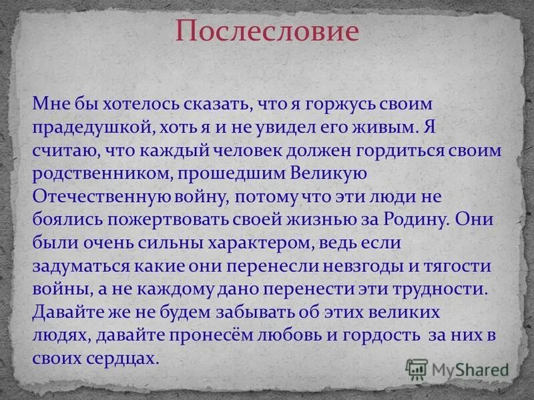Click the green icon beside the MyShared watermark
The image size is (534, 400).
[417, 368]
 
